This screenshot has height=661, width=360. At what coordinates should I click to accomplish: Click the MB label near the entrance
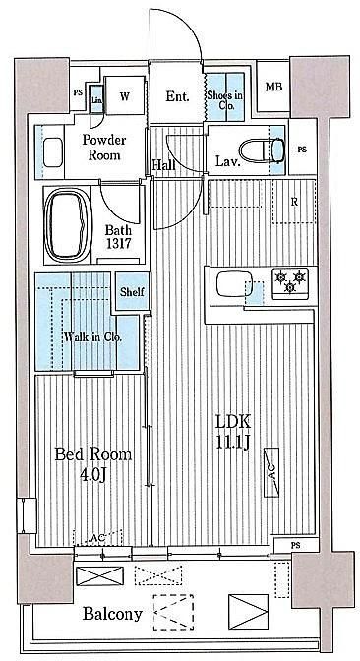pyautogui.click(x=273, y=87)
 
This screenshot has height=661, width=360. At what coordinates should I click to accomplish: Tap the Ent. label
pyautogui.click(x=177, y=96)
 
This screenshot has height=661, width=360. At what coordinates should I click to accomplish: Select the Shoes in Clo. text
pyautogui.click(x=225, y=100)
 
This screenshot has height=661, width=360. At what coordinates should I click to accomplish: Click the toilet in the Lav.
pyautogui.click(x=263, y=150)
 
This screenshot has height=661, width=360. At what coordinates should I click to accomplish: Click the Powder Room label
pyautogui.click(x=103, y=148)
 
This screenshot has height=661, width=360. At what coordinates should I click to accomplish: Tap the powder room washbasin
pyautogui.click(x=53, y=152)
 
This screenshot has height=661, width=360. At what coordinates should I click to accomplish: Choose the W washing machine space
pyautogui.click(x=124, y=95)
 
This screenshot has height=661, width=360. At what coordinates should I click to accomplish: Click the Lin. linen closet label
pyautogui.click(x=96, y=100)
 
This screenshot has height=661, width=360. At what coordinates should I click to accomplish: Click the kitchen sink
pyautogui.click(x=234, y=284)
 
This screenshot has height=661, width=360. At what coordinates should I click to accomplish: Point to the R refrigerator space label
pyautogui.click(x=295, y=202)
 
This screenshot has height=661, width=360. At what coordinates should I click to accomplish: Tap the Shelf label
pyautogui.click(x=133, y=292)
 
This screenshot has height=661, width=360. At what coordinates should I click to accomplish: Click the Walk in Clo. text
pyautogui.click(x=93, y=337)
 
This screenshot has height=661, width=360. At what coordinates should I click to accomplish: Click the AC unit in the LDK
pyautogui.click(x=271, y=472)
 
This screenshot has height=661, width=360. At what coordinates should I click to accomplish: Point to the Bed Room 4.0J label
pyautogui.click(x=93, y=464)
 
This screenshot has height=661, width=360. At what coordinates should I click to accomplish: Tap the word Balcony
pyautogui.click(x=112, y=614)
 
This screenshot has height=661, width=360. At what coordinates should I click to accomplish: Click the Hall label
pyautogui.click(x=164, y=165)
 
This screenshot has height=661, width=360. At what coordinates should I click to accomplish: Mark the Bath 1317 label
pyautogui.click(x=118, y=236)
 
